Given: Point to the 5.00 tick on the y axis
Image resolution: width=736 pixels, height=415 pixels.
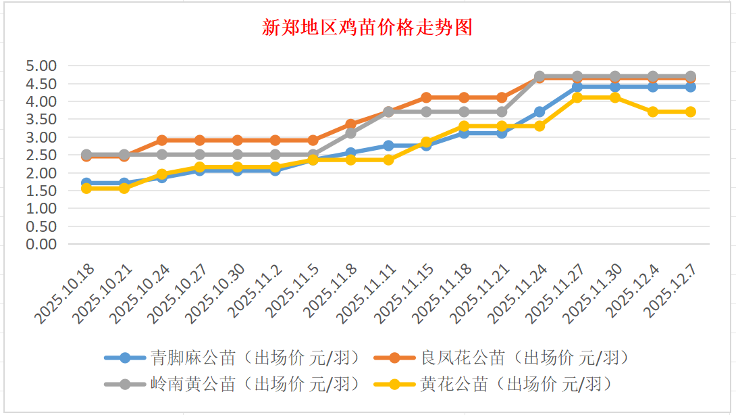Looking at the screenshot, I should coord(41,66).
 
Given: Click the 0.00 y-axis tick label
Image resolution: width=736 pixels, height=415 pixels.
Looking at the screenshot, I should coord(41,244).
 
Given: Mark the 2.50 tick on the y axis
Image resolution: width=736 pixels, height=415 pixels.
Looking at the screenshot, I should coord(41,155).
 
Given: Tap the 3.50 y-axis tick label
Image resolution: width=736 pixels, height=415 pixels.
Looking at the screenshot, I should coord(41,120).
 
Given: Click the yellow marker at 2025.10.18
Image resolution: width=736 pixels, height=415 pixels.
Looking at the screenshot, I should coord(86,188).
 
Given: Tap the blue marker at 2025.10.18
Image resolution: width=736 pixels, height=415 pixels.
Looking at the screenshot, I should coord(86,182).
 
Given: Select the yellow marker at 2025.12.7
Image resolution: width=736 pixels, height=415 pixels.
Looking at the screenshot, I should coord(690,112).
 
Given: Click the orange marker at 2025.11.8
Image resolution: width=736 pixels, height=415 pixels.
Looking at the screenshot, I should coord(350,124).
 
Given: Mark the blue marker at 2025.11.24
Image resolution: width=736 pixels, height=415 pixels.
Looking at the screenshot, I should coord(540,112).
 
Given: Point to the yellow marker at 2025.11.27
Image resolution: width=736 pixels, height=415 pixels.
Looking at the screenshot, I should coord(577,97).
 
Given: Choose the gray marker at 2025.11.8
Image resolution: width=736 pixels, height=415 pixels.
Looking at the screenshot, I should coord(350,133).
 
